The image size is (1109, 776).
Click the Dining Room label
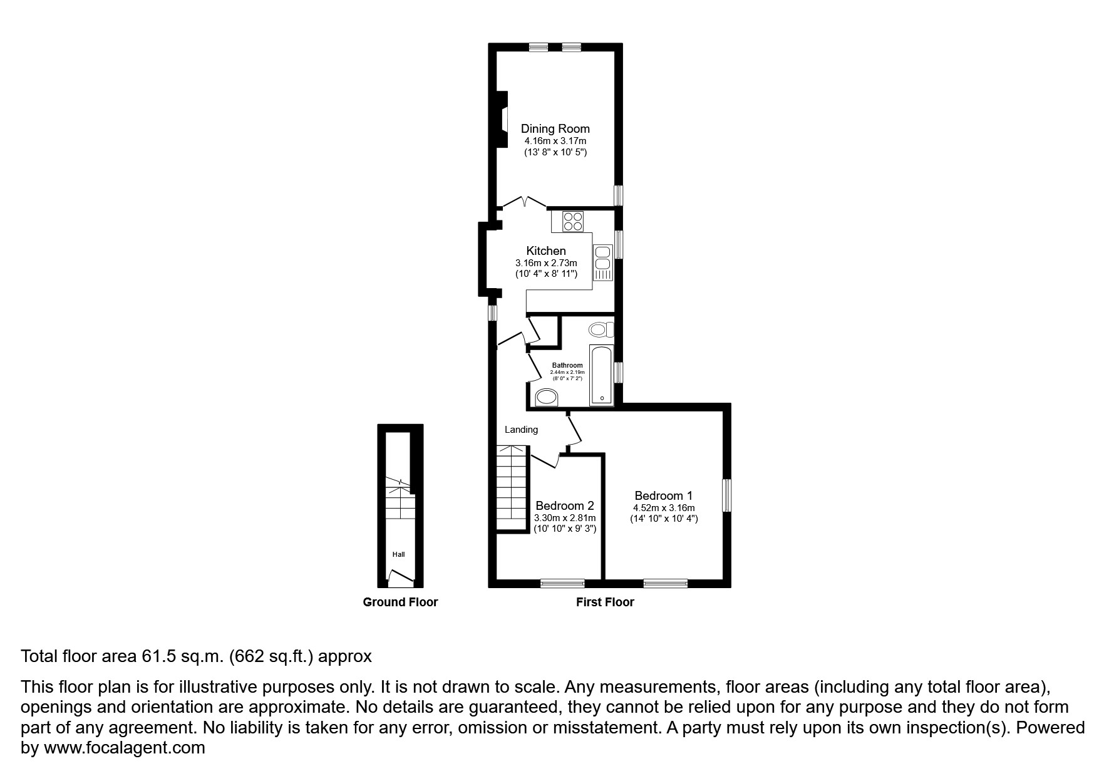click(555, 128)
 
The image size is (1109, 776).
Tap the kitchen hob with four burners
click(572, 221)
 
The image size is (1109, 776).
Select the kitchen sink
click(603, 262)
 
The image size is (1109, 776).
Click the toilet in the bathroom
click(600, 329)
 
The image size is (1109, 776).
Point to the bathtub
click(602, 375)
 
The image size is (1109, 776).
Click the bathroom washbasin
click(547, 396)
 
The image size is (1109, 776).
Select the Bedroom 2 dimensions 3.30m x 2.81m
click(564, 518)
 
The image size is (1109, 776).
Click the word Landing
click(521, 430)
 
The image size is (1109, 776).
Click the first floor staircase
click(513, 489)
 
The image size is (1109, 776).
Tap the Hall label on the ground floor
click(399, 554)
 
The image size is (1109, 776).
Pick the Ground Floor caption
click(400, 603)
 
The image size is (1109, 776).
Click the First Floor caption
click(605, 603)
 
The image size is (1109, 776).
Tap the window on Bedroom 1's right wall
click(726, 495)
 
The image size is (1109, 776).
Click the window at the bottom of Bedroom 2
click(562, 584)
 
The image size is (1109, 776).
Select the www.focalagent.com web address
click(124, 748)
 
